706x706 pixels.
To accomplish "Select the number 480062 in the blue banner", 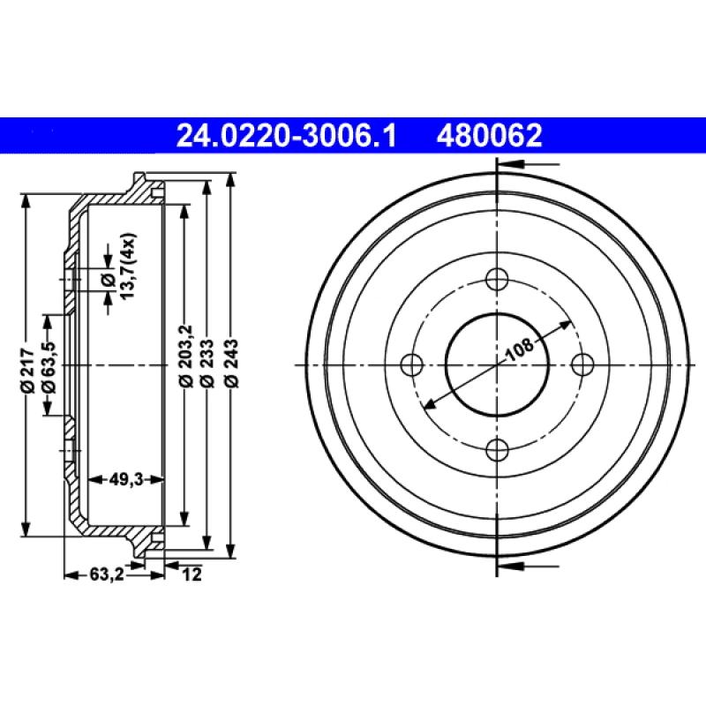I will click(486, 136).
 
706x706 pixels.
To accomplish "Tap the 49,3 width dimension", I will click(127, 479).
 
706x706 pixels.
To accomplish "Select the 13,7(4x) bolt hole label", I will click(126, 267).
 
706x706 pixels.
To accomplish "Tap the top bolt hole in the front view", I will click(498, 279).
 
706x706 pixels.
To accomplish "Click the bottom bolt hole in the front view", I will click(498, 449).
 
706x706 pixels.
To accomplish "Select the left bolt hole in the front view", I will click(412, 364).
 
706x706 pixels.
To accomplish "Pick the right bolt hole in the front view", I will click(582, 364).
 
